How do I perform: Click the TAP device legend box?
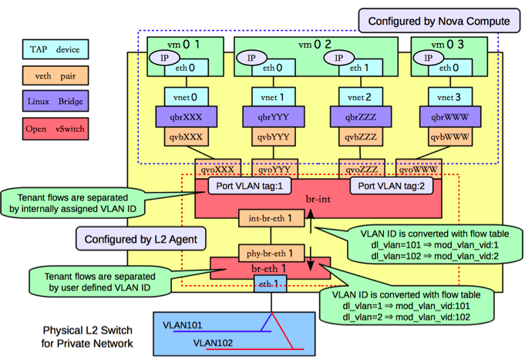(x=56, y=49)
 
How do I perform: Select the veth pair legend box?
(x=56, y=76)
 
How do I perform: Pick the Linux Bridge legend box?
(x=56, y=101)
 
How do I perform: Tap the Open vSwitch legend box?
(x=56, y=129)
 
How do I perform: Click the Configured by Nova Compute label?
(x=439, y=21)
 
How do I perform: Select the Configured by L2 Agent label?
(x=140, y=239)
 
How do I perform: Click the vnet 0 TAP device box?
(x=186, y=97)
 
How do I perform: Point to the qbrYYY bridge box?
(x=274, y=117)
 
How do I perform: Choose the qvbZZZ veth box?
(x=361, y=136)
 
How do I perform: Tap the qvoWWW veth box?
(x=419, y=169)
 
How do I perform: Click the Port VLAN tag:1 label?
(x=250, y=186)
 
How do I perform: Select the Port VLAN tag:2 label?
(x=392, y=186)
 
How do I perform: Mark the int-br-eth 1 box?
(x=271, y=218)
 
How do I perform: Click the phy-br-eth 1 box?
(x=271, y=253)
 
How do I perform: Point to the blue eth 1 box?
(x=270, y=284)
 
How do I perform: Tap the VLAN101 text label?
(x=183, y=325)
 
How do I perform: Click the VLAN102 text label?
(x=213, y=343)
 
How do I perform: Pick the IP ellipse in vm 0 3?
(x=428, y=58)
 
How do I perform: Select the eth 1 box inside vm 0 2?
(x=361, y=68)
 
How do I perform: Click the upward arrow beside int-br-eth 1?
(x=311, y=221)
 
